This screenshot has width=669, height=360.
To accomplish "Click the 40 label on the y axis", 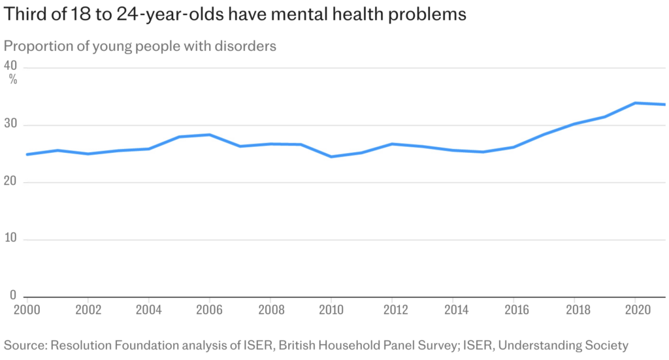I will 10,66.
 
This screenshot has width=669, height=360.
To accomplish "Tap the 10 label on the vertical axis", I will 10,239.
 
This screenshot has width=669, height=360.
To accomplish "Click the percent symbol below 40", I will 13,79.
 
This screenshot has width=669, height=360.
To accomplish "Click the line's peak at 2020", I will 635,103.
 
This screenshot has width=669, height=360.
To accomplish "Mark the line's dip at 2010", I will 331,157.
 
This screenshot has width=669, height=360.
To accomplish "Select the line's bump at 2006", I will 208,135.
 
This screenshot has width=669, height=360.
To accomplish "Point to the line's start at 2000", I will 27,154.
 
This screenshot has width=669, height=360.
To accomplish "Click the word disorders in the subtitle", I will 247,46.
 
